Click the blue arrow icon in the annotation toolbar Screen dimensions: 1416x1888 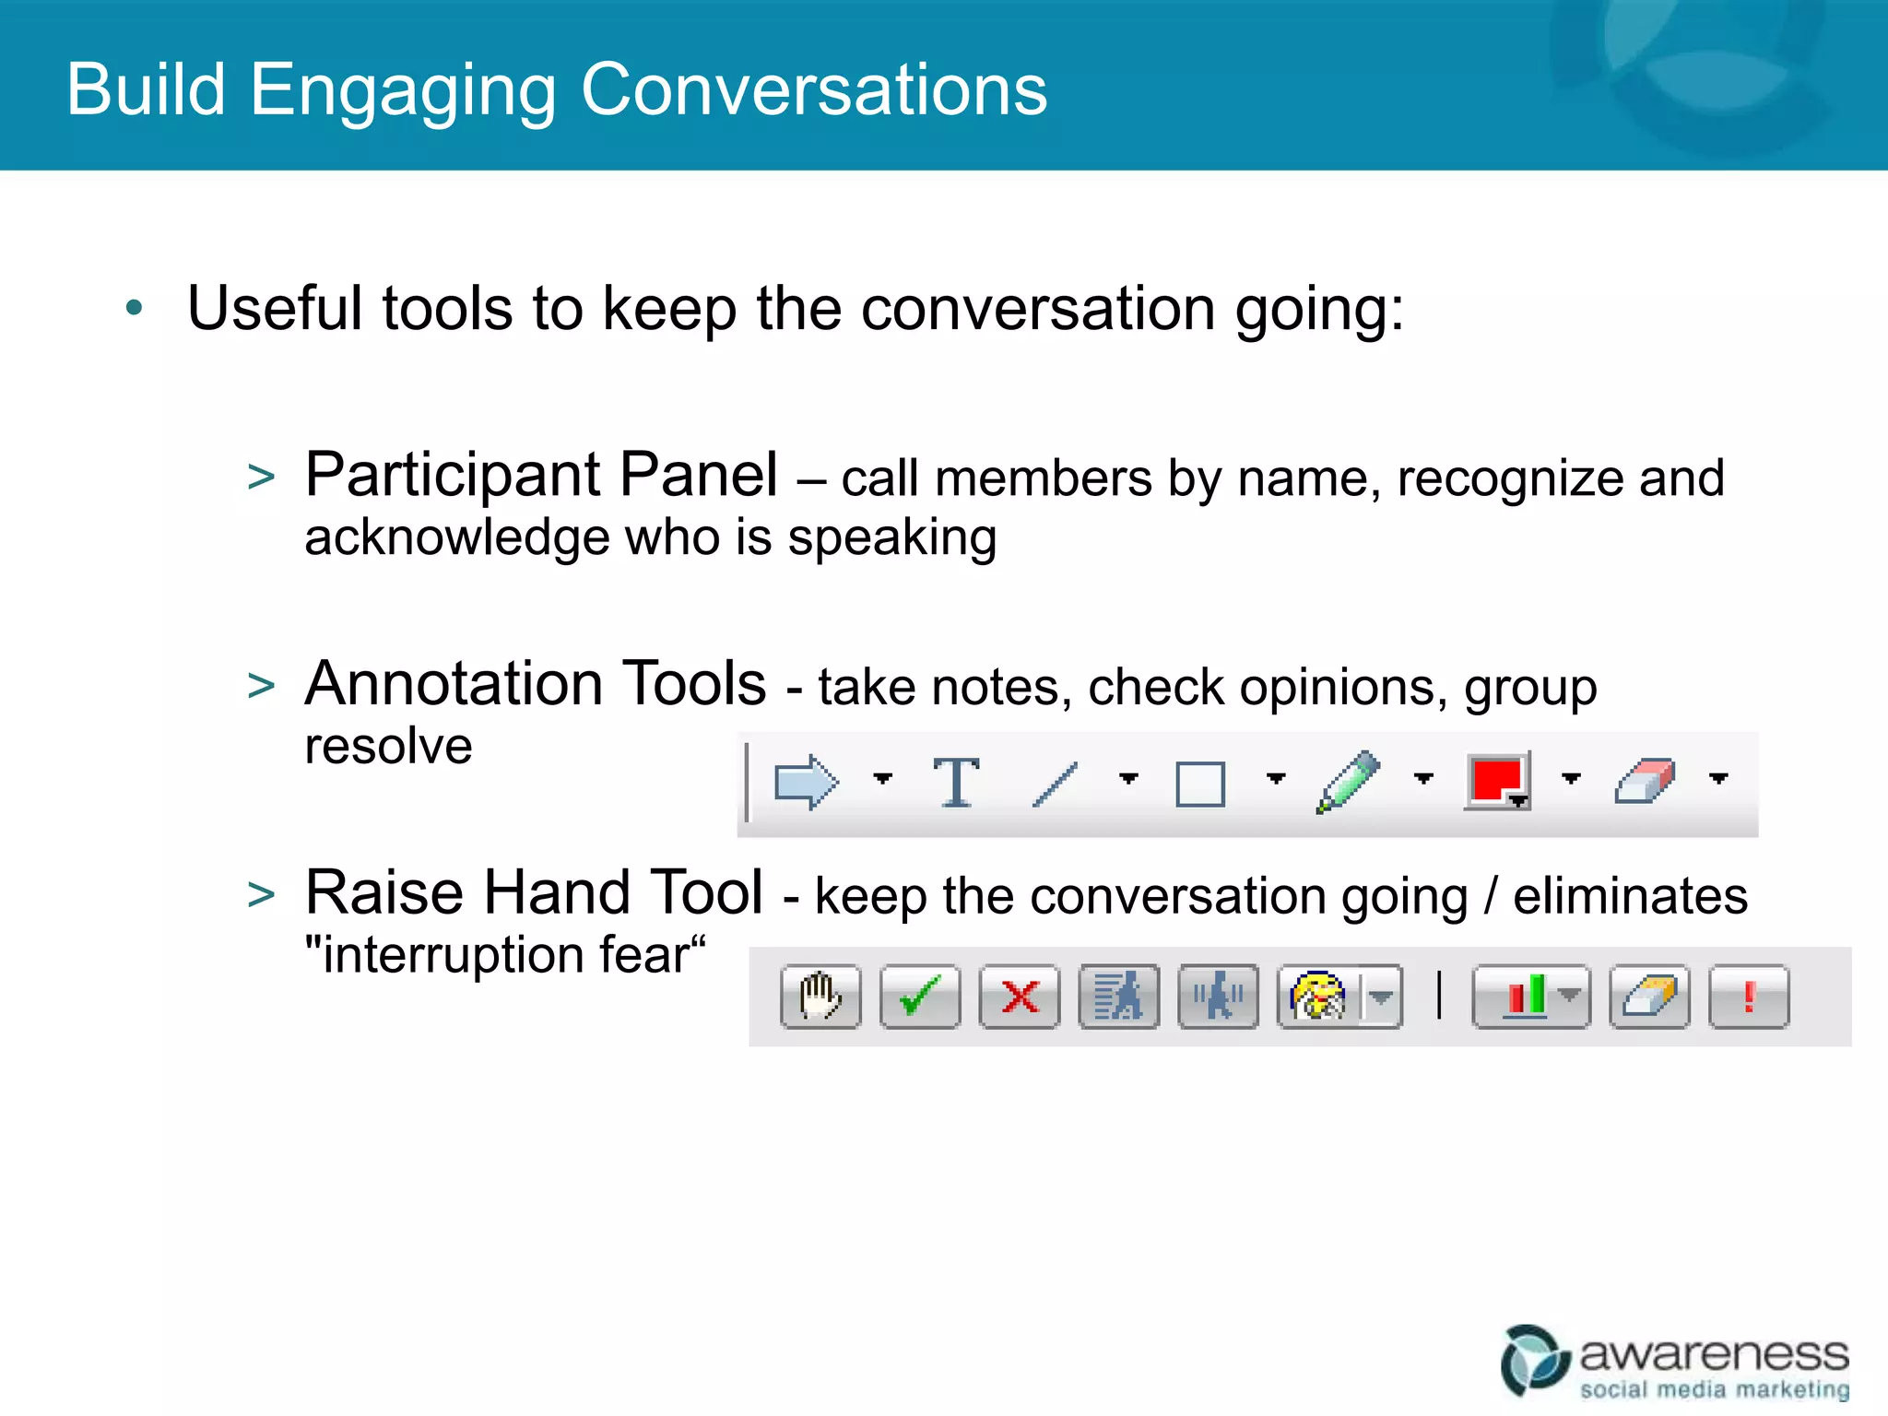(x=806, y=782)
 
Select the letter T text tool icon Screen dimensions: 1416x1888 (x=956, y=782)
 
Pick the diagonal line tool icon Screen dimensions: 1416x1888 (x=1056, y=784)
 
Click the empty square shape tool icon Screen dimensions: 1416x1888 (x=1200, y=785)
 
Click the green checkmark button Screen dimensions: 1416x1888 (x=919, y=997)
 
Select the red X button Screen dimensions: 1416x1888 (x=1020, y=997)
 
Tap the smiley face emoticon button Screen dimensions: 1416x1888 (x=1319, y=997)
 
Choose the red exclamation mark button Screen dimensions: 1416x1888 (x=1749, y=997)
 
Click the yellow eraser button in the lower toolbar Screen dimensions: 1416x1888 (x=1649, y=997)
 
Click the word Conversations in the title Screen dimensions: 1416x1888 (x=814, y=89)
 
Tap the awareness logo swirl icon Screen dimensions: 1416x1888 (x=1534, y=1360)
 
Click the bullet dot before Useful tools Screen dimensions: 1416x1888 (x=135, y=308)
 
